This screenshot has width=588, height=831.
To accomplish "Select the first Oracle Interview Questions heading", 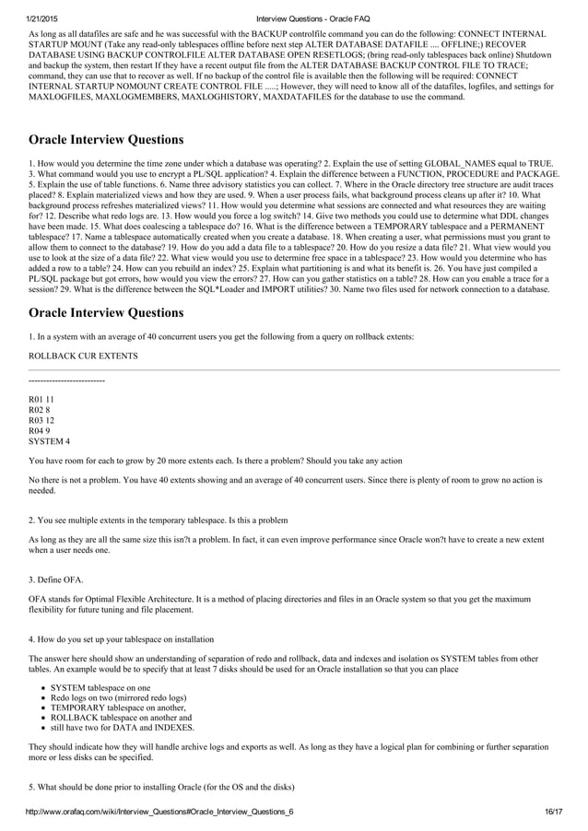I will point(106,140).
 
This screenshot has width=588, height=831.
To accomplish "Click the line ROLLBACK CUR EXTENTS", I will point(84,356).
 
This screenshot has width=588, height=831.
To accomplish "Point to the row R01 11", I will point(42,400).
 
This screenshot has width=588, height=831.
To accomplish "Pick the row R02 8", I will point(40,410).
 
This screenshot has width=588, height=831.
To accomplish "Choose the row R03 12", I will point(42,421).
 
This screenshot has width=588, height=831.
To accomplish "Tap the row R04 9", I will point(40,431).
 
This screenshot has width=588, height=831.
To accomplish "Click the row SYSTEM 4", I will point(49,442).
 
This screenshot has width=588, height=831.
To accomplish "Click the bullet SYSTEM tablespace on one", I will point(100,688).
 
